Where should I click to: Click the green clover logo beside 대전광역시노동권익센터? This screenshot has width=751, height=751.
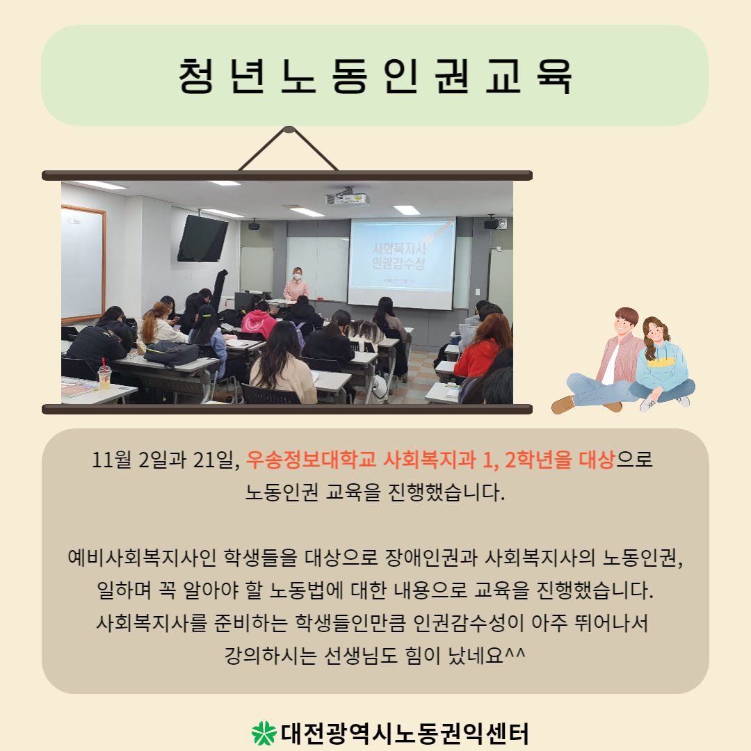(x=264, y=734)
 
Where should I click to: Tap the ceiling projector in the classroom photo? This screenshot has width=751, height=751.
(x=348, y=197)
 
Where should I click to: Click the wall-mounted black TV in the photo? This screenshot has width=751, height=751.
(x=202, y=239)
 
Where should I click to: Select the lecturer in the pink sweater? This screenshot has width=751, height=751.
(x=296, y=284)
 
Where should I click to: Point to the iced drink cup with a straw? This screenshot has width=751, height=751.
(x=104, y=373)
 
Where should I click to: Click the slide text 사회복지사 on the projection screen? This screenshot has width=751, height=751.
(x=399, y=248)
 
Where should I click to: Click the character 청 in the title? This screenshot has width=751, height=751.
(x=196, y=76)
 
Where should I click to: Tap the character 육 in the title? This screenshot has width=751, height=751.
(x=554, y=76)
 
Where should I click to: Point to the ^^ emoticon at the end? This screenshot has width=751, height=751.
(x=516, y=652)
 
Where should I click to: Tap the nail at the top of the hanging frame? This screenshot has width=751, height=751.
(x=289, y=129)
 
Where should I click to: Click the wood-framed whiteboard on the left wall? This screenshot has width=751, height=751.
(x=83, y=263)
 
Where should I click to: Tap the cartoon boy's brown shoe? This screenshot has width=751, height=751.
(x=563, y=405)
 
